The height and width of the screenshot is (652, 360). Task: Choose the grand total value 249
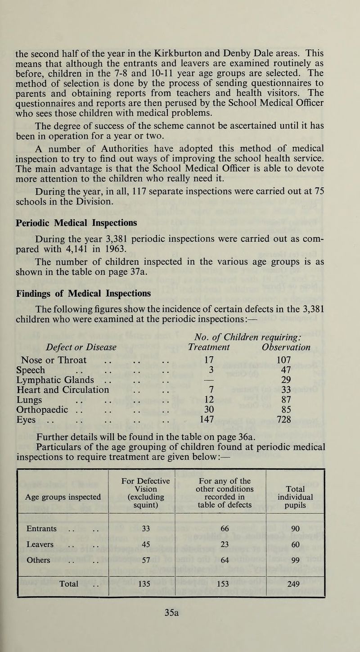[x=295, y=586]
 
